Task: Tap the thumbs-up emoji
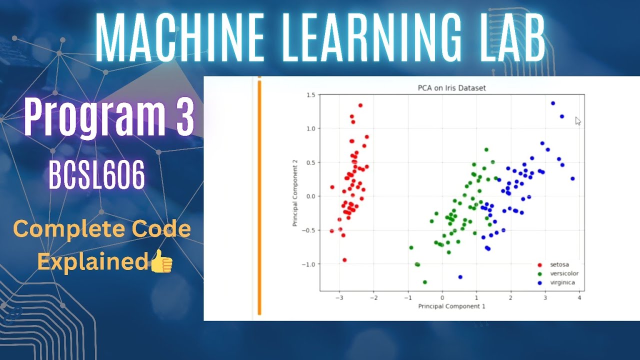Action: coord(161,262)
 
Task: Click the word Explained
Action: coord(93,262)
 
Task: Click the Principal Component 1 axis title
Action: coord(451,305)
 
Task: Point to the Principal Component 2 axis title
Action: coord(295,192)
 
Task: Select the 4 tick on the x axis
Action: coord(579,298)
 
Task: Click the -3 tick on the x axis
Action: coord(339,298)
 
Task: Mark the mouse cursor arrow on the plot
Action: coord(577,120)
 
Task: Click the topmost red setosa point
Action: coord(360,105)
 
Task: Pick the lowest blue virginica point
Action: coord(460,277)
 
